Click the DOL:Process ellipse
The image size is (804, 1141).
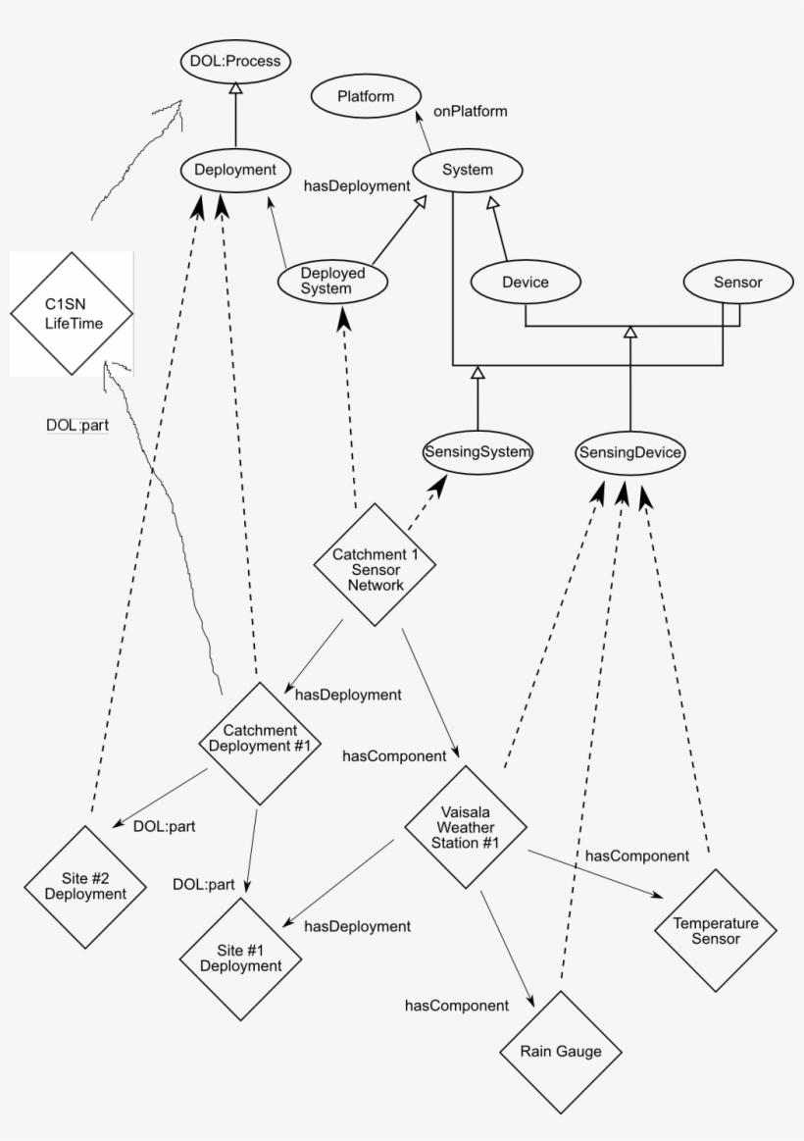coord(235,61)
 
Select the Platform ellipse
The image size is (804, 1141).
coord(366,96)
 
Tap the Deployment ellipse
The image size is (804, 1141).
coord(235,170)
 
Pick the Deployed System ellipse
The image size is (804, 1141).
coord(332,282)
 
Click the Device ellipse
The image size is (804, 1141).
coord(525,283)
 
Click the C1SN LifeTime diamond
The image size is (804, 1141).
coord(72,313)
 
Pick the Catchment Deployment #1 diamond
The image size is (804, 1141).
coord(260,739)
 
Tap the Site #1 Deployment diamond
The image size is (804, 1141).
coord(240,959)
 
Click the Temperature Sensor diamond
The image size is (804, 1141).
coord(715,931)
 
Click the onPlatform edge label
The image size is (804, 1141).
coord(470,111)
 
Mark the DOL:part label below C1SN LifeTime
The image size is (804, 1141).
coord(77,425)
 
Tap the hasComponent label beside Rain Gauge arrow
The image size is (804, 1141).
coord(457,1005)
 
